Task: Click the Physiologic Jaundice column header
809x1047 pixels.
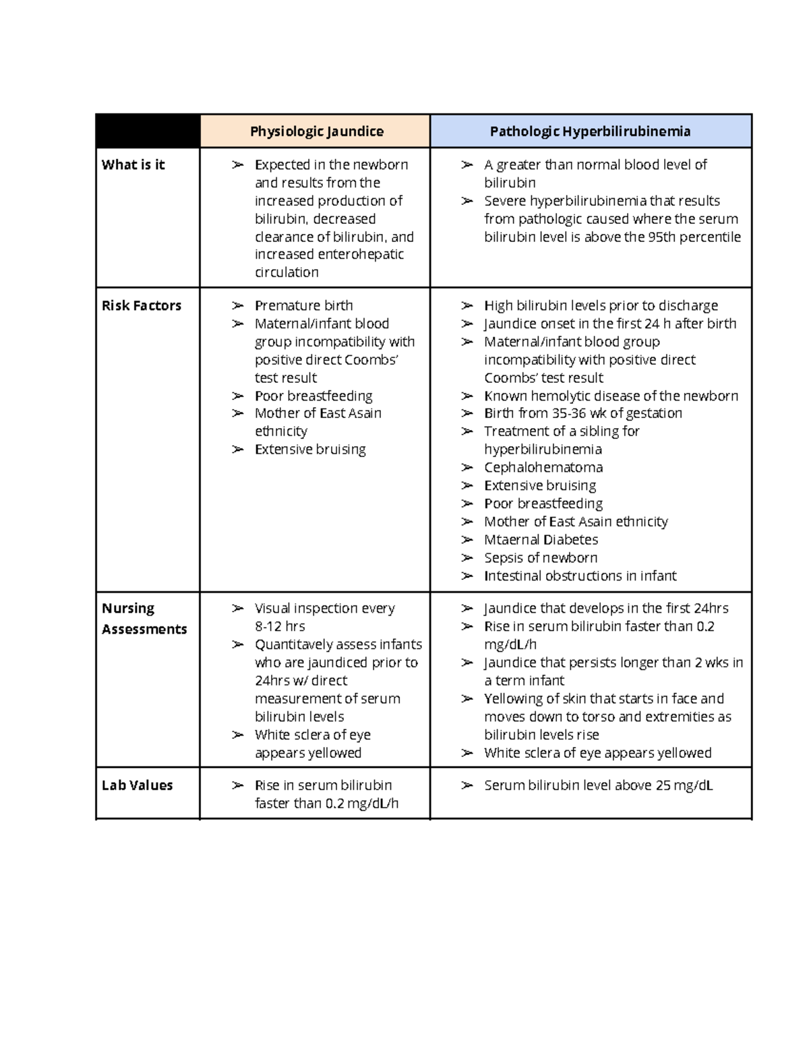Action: tap(316, 131)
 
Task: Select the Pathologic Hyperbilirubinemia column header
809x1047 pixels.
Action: tap(590, 131)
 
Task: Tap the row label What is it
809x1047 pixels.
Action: tap(133, 164)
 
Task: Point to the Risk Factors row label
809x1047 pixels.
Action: tap(141, 305)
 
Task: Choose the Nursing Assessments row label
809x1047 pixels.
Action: tap(144, 618)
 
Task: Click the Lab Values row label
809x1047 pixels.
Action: tap(137, 785)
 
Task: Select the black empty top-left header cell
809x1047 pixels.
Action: tap(148, 131)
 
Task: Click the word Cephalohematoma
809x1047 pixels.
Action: tap(543, 467)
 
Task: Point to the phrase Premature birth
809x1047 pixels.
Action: tap(303, 305)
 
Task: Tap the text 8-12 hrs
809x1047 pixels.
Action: tap(280, 626)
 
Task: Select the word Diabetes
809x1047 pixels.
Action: tap(570, 539)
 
